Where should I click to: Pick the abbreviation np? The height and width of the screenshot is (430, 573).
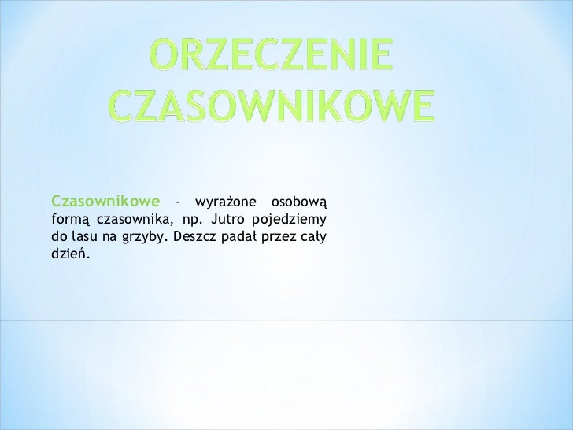point(192,218)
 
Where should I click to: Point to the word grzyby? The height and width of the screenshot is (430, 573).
point(145,237)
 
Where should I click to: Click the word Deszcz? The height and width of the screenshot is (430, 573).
point(194,236)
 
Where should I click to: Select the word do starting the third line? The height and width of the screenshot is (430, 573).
point(58,236)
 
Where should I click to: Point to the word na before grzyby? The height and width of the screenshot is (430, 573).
point(110,236)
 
